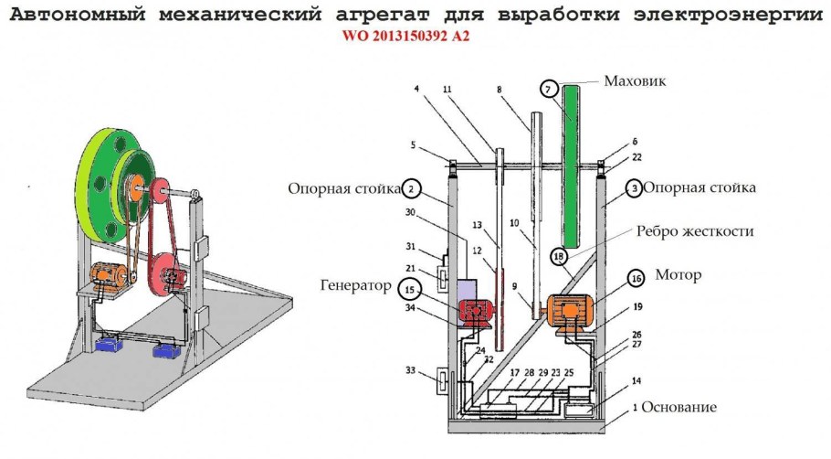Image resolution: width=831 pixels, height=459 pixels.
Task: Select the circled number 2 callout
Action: [412, 189]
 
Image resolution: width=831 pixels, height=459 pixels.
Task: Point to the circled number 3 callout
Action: [631, 189]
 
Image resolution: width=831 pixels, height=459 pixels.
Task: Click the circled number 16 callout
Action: [636, 278]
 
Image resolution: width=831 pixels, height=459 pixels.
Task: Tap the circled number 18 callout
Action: [559, 257]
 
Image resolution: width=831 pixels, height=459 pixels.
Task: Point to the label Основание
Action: [678, 407]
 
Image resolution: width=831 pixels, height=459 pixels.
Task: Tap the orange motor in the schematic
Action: [569, 312]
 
